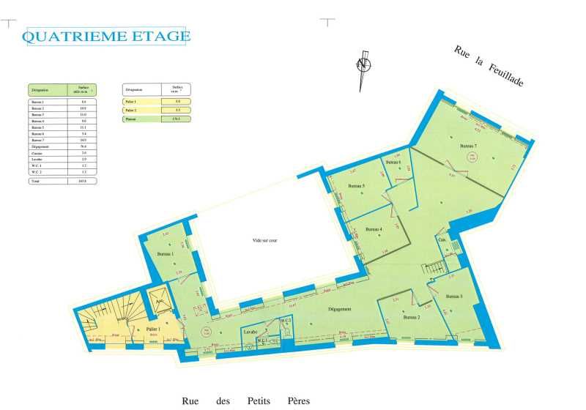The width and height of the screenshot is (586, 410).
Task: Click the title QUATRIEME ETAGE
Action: (107, 37)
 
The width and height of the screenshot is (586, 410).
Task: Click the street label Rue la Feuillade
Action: (489, 66)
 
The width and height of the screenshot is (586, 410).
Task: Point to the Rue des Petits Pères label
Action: (245, 400)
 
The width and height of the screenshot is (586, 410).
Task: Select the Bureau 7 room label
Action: (468, 146)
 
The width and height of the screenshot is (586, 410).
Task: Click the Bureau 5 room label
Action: (356, 187)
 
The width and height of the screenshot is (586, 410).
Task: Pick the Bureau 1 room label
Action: (165, 254)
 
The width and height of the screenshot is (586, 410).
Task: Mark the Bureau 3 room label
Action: (453, 296)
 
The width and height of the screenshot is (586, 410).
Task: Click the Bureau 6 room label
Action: (393, 163)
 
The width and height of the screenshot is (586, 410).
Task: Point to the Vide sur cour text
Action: (264, 240)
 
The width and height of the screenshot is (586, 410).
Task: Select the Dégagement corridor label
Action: (339, 310)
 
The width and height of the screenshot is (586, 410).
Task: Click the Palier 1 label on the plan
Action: (154, 330)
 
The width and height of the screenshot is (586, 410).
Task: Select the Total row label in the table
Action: (36, 180)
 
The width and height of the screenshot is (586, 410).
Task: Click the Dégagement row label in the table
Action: (40, 146)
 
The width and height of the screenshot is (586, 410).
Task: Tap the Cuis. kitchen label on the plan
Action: (442, 240)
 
